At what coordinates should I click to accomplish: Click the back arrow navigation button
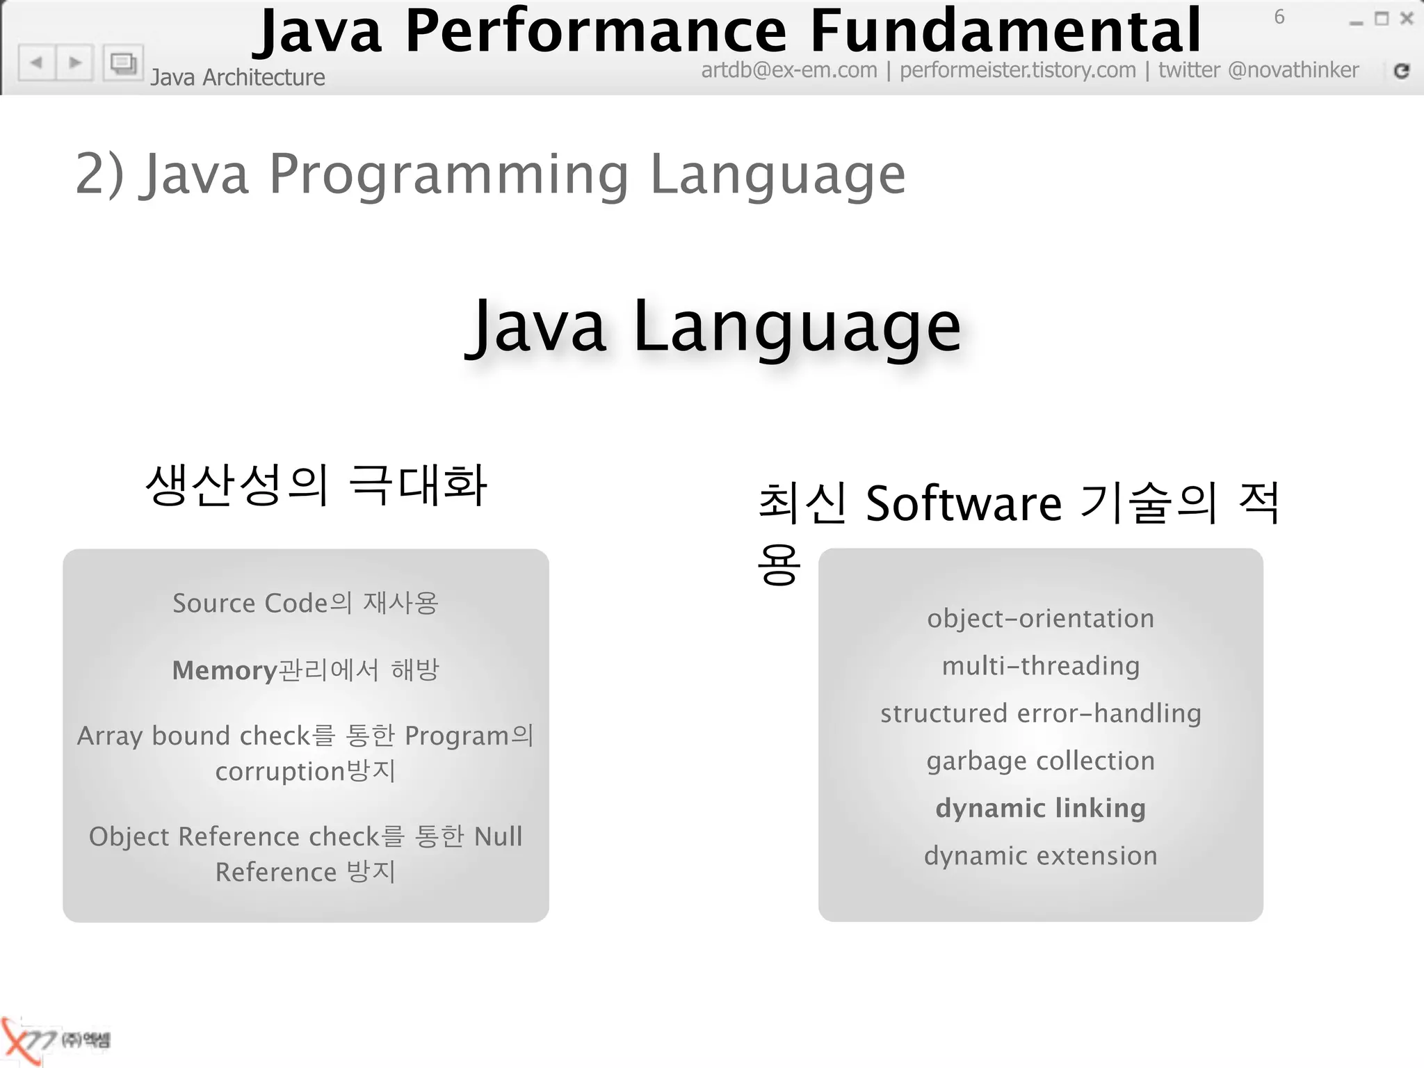click(36, 63)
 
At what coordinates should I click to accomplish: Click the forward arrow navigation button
click(75, 63)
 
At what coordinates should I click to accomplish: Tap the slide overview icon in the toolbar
click(123, 63)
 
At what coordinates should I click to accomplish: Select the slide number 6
click(1279, 17)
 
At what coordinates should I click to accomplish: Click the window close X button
click(1407, 19)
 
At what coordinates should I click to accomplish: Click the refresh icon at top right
click(1402, 70)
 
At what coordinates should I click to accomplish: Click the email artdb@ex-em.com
click(788, 70)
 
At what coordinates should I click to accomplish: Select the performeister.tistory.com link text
click(1017, 70)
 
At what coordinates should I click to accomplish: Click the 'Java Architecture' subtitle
click(238, 77)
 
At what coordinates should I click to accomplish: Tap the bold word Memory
click(225, 670)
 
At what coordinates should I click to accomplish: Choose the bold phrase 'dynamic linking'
click(1040, 808)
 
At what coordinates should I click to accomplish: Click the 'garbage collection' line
click(1040, 761)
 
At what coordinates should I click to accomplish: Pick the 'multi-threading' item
click(1040, 666)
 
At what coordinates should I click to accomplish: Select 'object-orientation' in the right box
click(1040, 619)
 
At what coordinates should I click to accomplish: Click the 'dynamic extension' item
click(1040, 856)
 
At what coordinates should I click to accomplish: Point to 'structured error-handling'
click(1040, 713)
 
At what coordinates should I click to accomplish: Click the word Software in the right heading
click(963, 503)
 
